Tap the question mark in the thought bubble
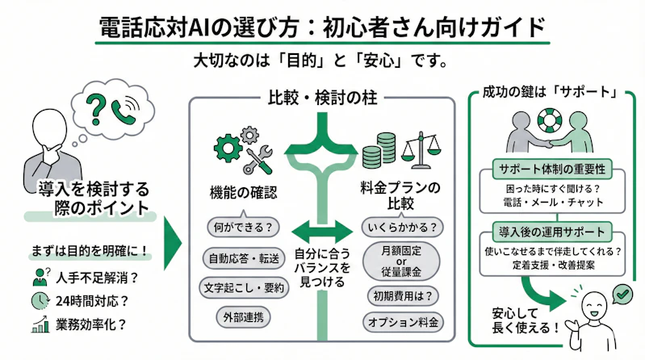point(97,107)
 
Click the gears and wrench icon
point(243,151)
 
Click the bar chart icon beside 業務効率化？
point(39,325)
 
